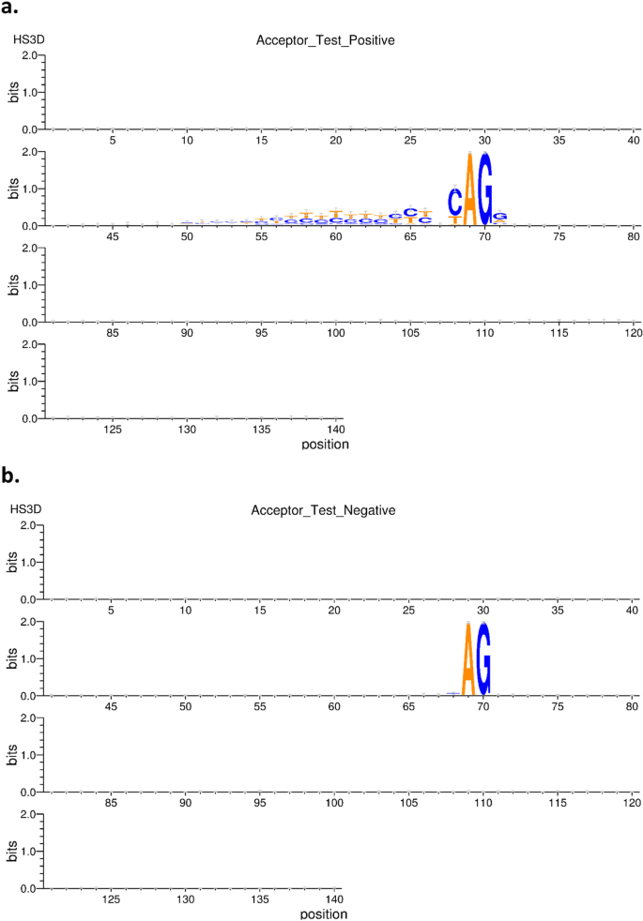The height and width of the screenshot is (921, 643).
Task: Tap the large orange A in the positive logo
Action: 469,190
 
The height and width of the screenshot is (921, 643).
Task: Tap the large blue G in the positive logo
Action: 484,189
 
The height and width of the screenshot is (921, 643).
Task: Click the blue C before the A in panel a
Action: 454,201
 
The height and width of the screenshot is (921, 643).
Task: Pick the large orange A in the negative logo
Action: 469,660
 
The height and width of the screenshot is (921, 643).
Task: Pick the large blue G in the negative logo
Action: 484,659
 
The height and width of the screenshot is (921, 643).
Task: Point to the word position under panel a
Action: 325,444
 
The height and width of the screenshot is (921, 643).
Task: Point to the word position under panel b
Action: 325,913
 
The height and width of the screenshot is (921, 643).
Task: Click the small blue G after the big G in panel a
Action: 499,217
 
